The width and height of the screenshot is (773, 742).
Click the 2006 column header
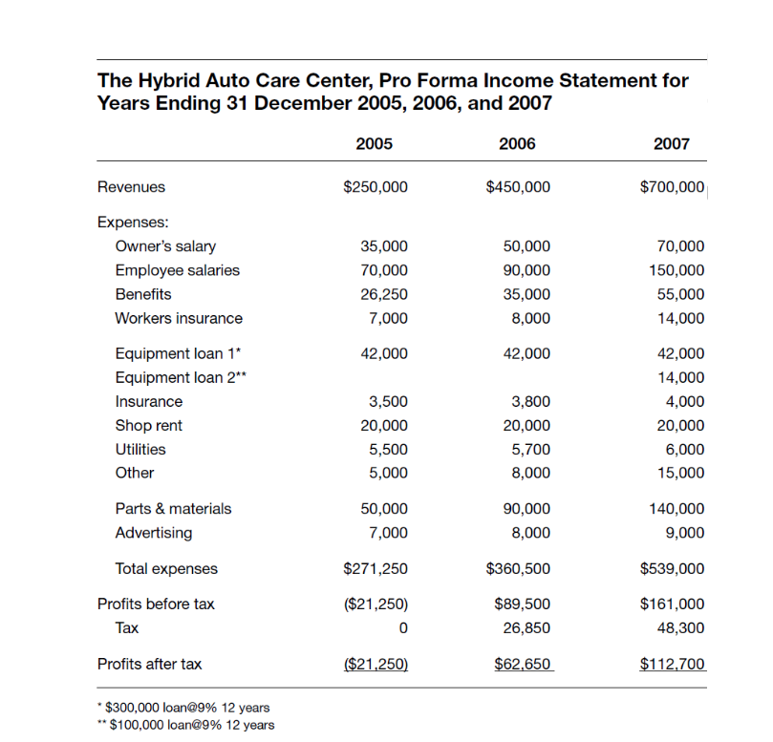[x=517, y=144]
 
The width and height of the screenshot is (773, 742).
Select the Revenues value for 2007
[x=672, y=187]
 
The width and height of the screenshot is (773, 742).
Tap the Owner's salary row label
[x=165, y=246]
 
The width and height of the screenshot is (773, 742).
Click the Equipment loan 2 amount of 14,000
[x=681, y=377]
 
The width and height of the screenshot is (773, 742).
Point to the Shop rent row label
[x=148, y=425]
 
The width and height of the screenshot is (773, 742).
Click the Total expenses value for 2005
[x=376, y=569]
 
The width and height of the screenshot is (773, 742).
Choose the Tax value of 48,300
[x=681, y=627]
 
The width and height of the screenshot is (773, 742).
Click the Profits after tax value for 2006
[x=522, y=664]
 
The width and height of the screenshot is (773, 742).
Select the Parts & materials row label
[x=173, y=509]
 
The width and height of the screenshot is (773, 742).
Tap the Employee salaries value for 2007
[x=676, y=270]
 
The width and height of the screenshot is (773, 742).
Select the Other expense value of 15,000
[x=681, y=473]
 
